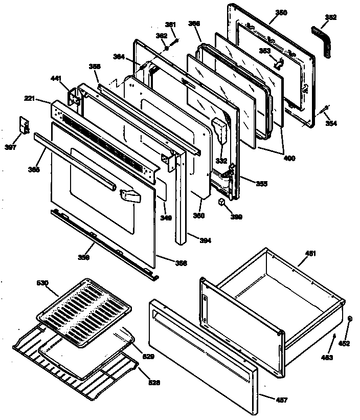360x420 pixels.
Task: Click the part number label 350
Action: point(281,12)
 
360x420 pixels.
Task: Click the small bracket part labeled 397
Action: point(23,124)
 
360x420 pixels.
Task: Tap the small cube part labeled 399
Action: point(222,202)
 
